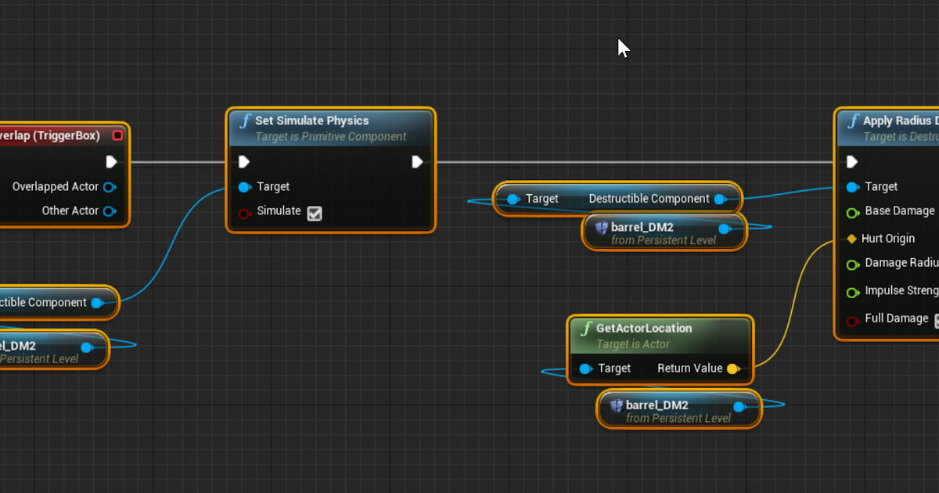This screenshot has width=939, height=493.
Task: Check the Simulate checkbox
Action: pos(315,213)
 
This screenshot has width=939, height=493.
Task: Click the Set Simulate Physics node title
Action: pos(311,121)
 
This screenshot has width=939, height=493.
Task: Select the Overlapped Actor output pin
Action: pos(110,187)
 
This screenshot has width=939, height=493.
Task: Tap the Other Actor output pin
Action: pos(110,211)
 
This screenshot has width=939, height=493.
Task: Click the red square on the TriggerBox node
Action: pos(117,135)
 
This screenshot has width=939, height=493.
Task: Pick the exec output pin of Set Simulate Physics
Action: pos(417,162)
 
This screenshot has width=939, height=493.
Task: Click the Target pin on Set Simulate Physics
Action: pos(244,187)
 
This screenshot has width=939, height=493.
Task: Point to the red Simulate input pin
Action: pos(244,213)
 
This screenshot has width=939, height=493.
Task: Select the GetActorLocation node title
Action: pos(643,328)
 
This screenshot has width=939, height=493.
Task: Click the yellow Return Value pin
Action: pos(732,369)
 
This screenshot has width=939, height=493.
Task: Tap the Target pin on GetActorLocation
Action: pos(585,369)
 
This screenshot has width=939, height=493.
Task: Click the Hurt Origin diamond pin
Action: pos(851,239)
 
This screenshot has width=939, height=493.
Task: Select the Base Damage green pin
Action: pos(852,212)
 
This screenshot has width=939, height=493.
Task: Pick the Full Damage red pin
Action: pos(852,320)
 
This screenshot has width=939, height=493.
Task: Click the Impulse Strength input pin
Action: pos(852,293)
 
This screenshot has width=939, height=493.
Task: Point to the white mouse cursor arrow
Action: pos(623,48)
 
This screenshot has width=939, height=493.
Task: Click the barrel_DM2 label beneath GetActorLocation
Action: pos(657,405)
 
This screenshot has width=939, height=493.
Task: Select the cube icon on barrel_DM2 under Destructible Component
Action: pos(602,228)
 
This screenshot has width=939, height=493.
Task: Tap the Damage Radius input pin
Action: pos(852,264)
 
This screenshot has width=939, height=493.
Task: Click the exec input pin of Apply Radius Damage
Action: pos(852,162)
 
